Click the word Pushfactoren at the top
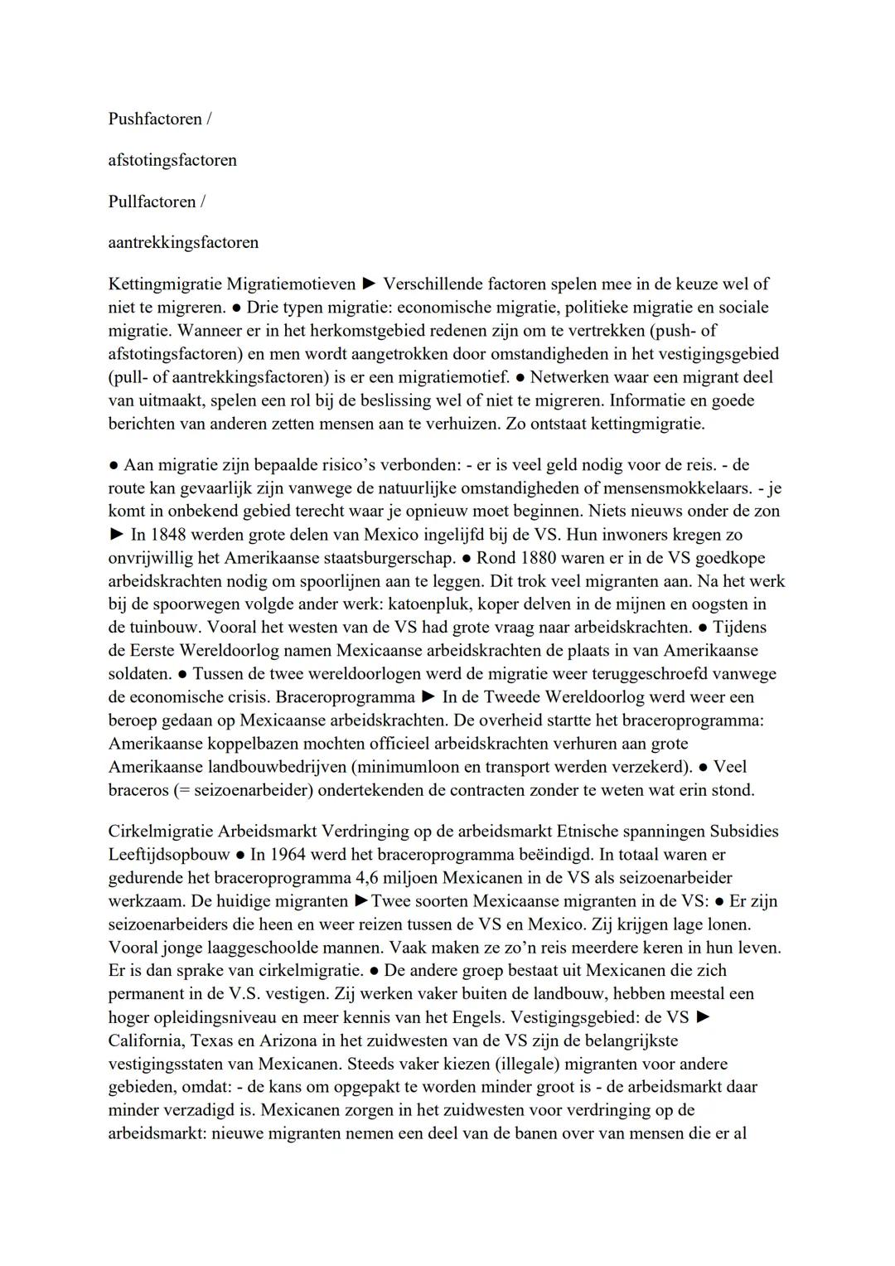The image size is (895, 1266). click(155, 119)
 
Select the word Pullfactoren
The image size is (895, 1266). click(152, 201)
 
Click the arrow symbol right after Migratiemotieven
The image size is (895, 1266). click(369, 284)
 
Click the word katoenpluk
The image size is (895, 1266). click(415, 604)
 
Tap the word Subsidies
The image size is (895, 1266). click(744, 831)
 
